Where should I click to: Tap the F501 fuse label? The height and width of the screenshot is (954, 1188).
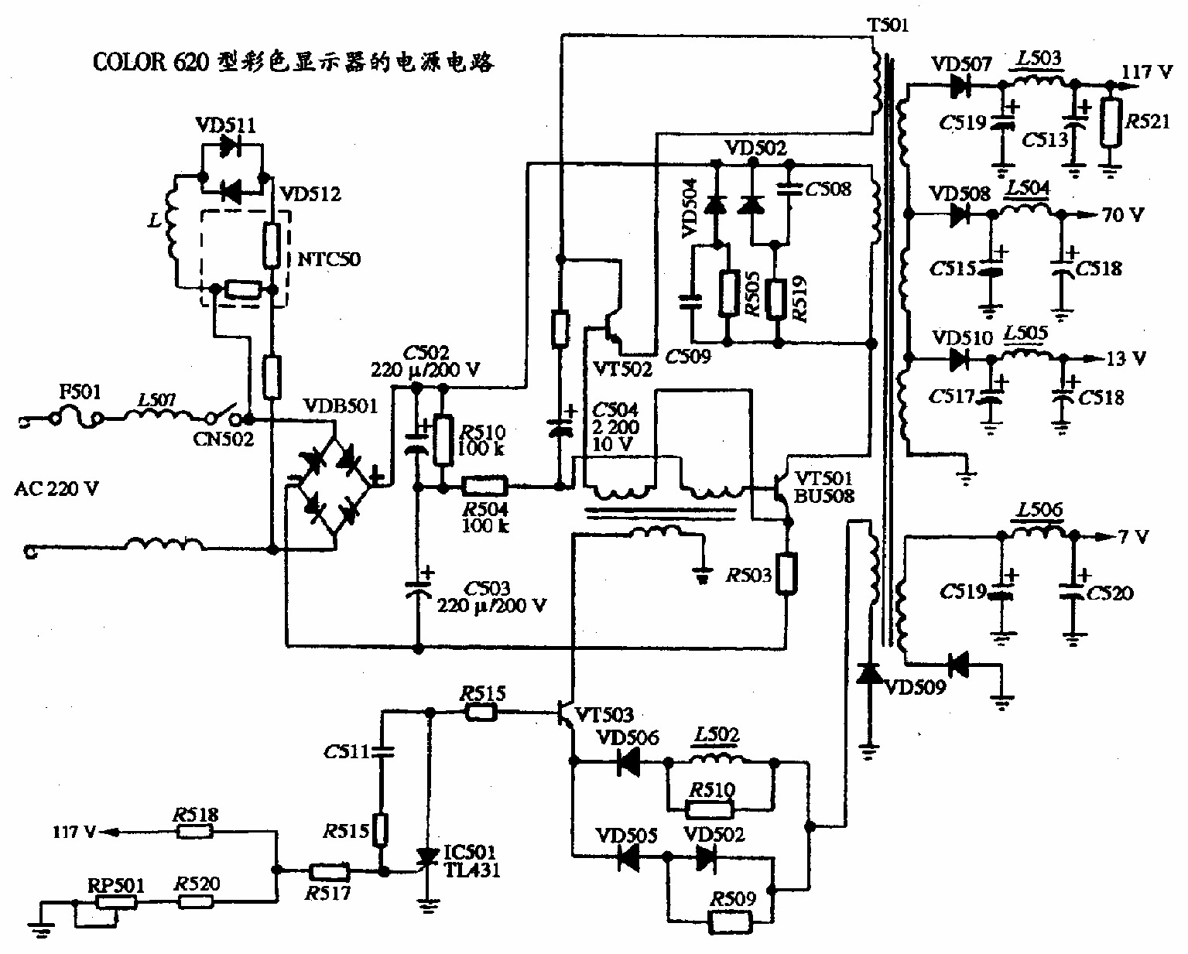coord(80,392)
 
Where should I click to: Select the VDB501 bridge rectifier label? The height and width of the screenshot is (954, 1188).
coord(340,405)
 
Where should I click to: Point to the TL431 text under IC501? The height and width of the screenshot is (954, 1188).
coord(471,870)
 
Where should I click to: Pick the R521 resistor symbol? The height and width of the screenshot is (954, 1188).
coord(1111,123)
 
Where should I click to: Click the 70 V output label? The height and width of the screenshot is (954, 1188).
coord(1122,215)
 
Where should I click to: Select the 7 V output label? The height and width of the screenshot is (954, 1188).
coord(1133,536)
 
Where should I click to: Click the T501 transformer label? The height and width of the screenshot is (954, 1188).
coord(887,25)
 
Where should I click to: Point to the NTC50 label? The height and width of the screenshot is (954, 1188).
coord(329,258)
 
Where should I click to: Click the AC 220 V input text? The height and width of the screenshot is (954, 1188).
coord(56,489)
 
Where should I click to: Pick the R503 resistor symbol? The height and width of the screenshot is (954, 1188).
coord(786,573)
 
